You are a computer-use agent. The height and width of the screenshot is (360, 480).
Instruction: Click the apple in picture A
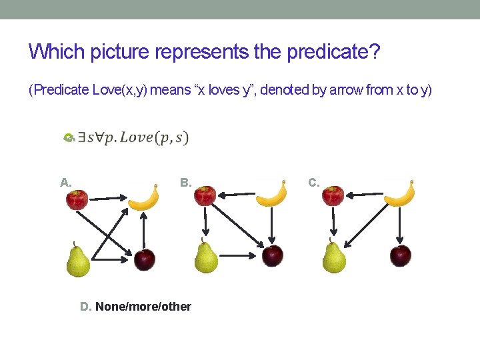tap(77, 199)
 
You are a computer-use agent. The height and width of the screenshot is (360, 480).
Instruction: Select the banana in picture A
tap(143, 197)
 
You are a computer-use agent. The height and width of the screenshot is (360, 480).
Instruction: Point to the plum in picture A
tap(144, 259)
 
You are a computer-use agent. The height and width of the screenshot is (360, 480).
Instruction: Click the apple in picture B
tap(205, 195)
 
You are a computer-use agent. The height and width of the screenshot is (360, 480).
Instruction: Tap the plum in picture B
tap(272, 255)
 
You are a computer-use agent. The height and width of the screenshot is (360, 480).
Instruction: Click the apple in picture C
tap(333, 195)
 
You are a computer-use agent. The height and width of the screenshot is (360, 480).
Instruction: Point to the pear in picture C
tap(333, 257)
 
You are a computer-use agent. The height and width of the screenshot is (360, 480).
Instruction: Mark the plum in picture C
tap(400, 255)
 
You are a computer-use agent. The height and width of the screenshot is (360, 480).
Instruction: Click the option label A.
tap(65, 182)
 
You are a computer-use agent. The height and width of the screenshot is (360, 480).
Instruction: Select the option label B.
tap(186, 182)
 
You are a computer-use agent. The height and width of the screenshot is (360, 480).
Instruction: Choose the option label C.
tap(314, 182)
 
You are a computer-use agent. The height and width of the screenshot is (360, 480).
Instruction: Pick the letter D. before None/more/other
tap(85, 307)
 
